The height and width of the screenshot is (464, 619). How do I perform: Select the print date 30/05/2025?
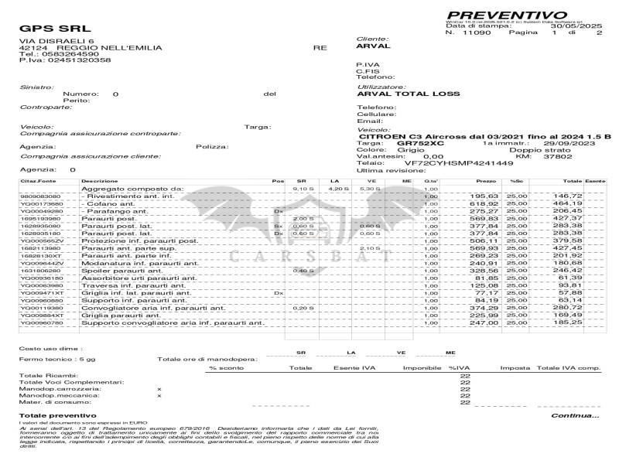[583, 26]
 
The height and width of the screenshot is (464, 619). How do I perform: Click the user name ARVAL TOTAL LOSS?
[408, 94]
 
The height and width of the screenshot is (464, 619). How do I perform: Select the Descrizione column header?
[100, 181]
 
